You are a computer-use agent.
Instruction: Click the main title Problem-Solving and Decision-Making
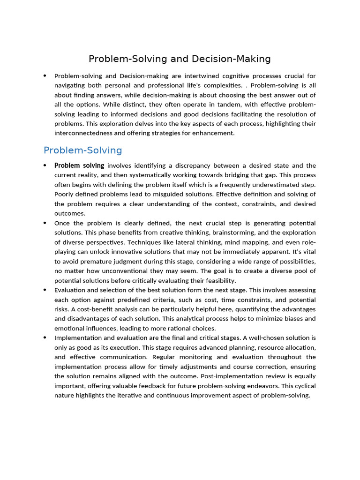pyautogui.click(x=180, y=59)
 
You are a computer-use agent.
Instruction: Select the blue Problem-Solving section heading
pyautogui.click(x=82, y=150)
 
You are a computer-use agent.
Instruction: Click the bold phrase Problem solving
pyautogui.click(x=79, y=165)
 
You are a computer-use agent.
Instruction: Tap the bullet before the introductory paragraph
pyautogui.click(x=45, y=76)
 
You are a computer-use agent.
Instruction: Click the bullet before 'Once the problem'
pyautogui.click(x=45, y=223)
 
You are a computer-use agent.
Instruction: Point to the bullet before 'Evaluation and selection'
pyautogui.click(x=45, y=290)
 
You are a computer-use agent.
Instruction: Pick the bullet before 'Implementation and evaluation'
pyautogui.click(x=45, y=338)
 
